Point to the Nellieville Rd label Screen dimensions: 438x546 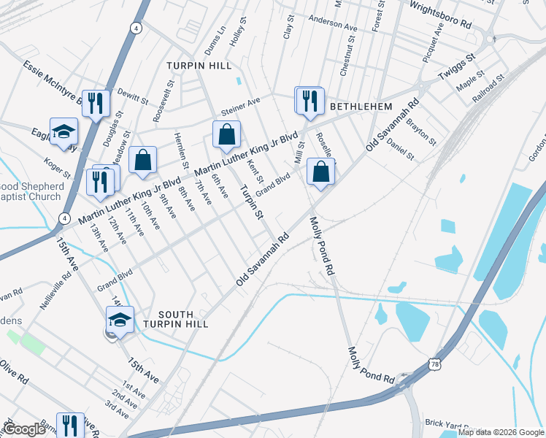coord(56,288)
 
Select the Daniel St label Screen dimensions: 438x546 coord(400,149)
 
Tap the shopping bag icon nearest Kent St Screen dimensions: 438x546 coord(226,135)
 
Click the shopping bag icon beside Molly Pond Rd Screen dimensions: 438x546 coord(320,172)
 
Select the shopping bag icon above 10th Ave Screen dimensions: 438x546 coord(142,160)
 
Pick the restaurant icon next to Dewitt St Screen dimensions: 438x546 coord(96,103)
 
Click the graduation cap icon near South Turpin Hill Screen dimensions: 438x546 coord(120,319)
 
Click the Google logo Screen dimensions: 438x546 coord(24,429)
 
